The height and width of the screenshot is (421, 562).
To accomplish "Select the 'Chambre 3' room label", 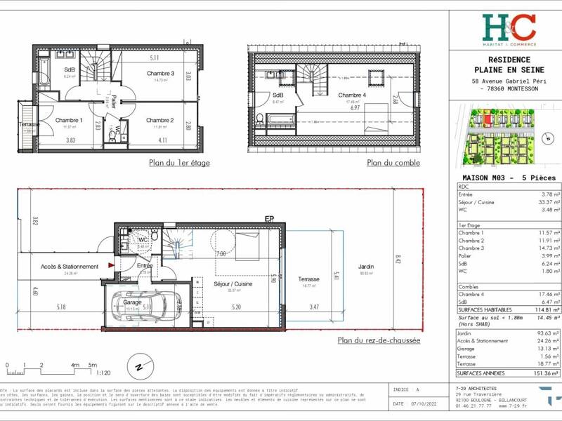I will pos(160,74).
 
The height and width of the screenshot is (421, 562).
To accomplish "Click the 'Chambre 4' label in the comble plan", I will pos(352,95).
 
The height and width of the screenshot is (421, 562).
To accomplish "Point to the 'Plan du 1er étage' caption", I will pos(180,163).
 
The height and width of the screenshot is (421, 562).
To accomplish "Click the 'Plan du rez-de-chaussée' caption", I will pos(379,340).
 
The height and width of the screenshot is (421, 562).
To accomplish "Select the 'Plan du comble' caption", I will pos(393,163).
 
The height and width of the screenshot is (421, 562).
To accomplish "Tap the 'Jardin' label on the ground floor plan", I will pos(366,267).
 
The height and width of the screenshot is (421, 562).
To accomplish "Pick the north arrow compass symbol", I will pos(138,366).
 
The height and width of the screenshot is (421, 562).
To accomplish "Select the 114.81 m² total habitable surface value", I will pos(546,309).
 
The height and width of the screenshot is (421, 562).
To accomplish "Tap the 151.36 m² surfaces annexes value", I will pos(546,373).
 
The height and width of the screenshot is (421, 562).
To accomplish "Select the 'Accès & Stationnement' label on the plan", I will pos(70,267).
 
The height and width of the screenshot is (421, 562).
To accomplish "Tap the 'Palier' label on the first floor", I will pos(112,98).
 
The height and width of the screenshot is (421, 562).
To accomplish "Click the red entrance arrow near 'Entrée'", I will pos(110,265).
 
